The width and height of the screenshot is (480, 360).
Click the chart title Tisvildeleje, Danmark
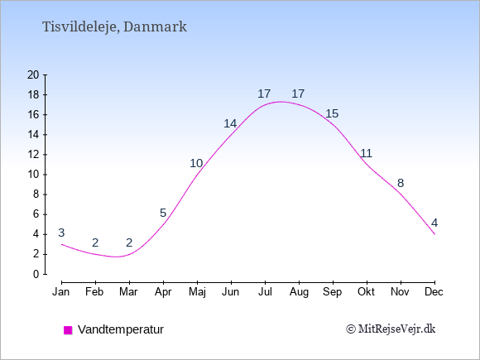tap(114, 27)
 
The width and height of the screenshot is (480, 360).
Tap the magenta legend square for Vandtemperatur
tap(68, 330)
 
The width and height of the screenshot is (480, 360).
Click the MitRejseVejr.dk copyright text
tap(391, 329)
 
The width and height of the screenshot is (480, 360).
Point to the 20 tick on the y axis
tap(33, 74)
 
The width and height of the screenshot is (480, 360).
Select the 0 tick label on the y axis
tap(36, 274)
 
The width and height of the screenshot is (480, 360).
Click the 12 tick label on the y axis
tap(33, 155)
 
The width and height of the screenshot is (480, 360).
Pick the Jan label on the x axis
tap(61, 292)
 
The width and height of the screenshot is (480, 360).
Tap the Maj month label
tap(197, 292)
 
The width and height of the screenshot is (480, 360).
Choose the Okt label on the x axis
tap(366, 292)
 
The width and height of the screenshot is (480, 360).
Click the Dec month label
tap(434, 292)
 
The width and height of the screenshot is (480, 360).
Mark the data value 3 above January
tap(61, 233)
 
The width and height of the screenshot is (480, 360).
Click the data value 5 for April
tap(163, 213)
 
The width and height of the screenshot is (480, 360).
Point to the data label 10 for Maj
tap(196, 164)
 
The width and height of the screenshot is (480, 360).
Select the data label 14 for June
tap(230, 123)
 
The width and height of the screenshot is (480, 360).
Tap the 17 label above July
tap(264, 94)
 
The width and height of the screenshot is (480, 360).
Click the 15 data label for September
tap(332, 113)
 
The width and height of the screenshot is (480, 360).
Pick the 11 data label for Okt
tap(366, 153)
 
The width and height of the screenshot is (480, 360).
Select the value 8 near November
tap(401, 184)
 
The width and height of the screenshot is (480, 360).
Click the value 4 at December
tap(434, 223)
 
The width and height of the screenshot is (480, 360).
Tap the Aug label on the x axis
tap(299, 292)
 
